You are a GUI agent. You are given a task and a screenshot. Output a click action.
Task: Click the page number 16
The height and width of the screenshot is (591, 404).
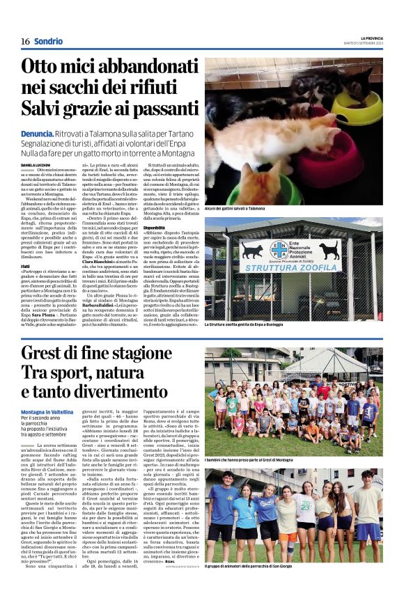coord(24,42)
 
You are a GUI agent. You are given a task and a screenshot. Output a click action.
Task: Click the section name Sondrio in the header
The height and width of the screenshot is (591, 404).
coord(48,42)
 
